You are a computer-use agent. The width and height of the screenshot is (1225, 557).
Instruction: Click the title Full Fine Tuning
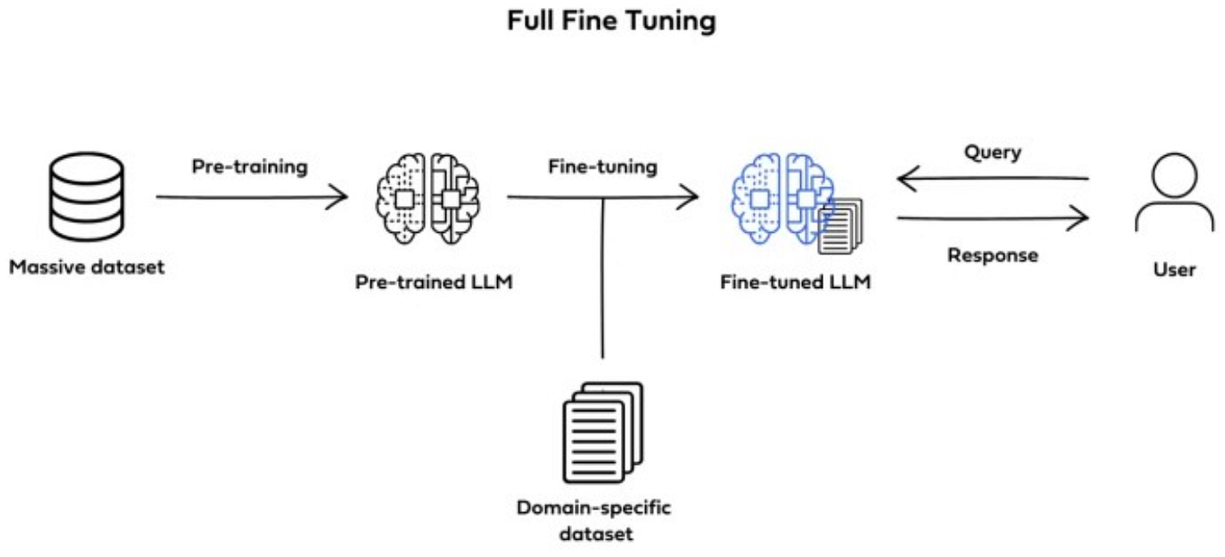(x=612, y=21)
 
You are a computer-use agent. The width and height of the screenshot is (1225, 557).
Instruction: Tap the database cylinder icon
(x=87, y=195)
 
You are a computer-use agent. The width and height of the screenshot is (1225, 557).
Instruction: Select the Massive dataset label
(x=87, y=267)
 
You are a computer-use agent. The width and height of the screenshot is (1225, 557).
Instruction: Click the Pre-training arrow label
(x=249, y=167)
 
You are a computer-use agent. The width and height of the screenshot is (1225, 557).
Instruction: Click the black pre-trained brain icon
(x=428, y=195)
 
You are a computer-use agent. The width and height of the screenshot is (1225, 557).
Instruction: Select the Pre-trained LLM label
(x=434, y=282)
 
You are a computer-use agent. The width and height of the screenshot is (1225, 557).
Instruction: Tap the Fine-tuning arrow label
(x=603, y=167)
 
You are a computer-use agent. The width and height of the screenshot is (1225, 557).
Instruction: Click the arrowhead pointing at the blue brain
(x=689, y=196)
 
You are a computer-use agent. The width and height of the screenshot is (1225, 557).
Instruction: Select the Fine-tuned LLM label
(x=796, y=282)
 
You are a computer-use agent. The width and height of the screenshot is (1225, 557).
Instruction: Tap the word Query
(x=992, y=152)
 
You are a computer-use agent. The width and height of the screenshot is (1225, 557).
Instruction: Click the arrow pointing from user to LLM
(x=992, y=180)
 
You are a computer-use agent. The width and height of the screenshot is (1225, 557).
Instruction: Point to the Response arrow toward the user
(x=992, y=218)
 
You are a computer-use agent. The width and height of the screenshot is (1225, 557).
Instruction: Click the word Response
(x=992, y=255)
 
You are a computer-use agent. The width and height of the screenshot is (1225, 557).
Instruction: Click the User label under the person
(x=1174, y=269)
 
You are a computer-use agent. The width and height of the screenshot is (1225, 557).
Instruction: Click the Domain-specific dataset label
(x=594, y=520)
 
